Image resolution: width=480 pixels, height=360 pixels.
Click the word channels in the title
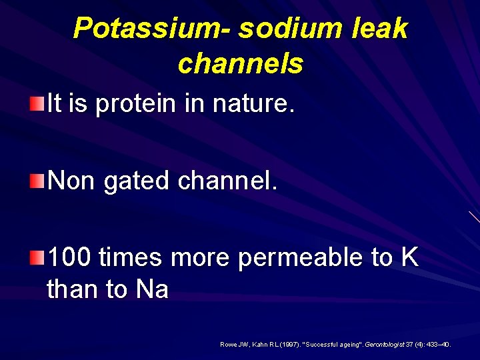pos(240,64)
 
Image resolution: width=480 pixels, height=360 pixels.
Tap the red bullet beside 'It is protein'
pos(37,104)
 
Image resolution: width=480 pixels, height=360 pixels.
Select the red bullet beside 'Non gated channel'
pos(37,180)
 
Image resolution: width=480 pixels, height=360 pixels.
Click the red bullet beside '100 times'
pos(37,257)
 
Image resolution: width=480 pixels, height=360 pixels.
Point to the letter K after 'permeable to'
pos(409,257)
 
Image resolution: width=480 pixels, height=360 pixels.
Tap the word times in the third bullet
pos(132,257)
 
